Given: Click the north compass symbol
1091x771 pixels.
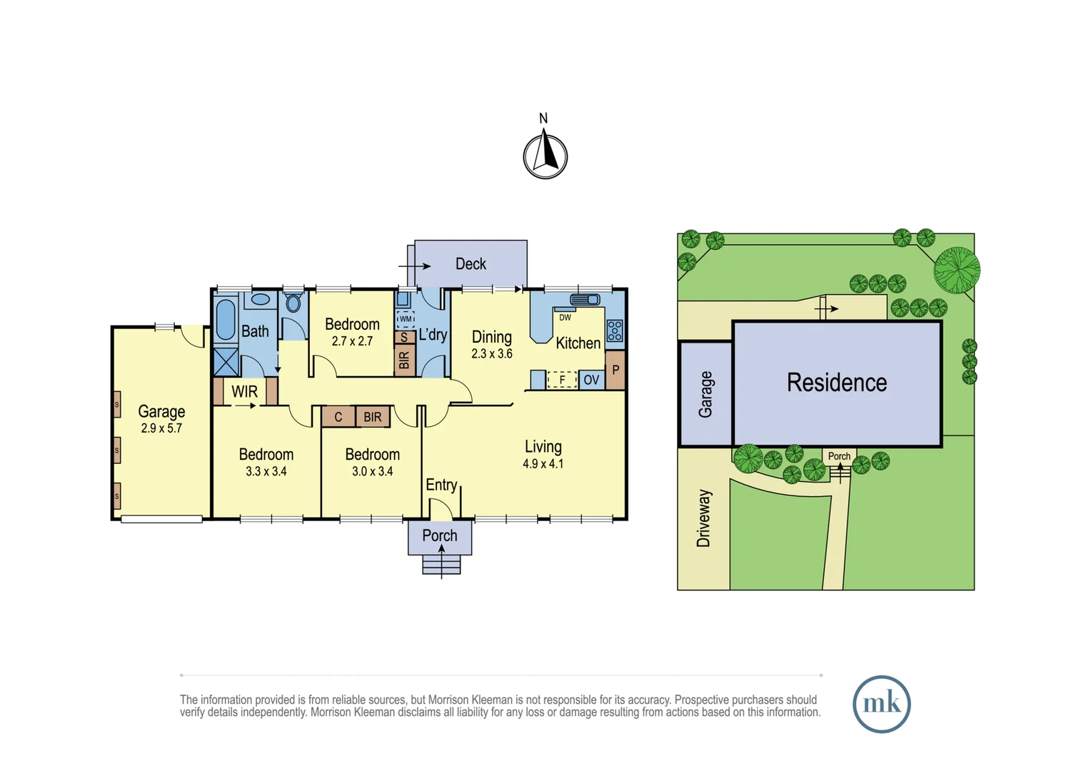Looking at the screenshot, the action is tap(545, 154).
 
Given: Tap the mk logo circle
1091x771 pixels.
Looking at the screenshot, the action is tap(882, 704).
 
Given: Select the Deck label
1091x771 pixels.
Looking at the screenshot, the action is tap(471, 264).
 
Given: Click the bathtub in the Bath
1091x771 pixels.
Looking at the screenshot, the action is tap(226, 320).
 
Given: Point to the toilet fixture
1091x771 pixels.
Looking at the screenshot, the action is tap(293, 303).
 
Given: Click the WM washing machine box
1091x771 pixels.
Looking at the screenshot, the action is tap(406, 319).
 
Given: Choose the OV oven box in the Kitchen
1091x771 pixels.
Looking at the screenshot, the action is tap(591, 379).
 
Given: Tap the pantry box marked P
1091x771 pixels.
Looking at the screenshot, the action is tap(615, 371).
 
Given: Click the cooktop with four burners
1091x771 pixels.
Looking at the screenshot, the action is tap(615, 331).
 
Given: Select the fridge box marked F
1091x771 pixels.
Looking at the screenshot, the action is tap(562, 379).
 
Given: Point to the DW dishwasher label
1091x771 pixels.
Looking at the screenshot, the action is tap(565, 318).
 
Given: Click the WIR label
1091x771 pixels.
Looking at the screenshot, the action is tap(244, 391).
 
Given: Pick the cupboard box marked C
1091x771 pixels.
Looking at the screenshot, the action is tap(338, 417).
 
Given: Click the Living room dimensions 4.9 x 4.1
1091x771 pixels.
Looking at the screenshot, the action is tap(543, 464).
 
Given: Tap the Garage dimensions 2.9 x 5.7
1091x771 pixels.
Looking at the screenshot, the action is tap(161, 428).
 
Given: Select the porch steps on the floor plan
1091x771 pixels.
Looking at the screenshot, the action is tap(441, 564).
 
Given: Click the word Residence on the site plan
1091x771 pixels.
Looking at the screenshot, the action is tap(837, 383).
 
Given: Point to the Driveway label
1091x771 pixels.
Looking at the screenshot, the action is tap(704, 518).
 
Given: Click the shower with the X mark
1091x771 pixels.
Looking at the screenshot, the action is tap(226, 362).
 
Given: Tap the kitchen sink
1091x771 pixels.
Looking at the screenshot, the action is tap(585, 299).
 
